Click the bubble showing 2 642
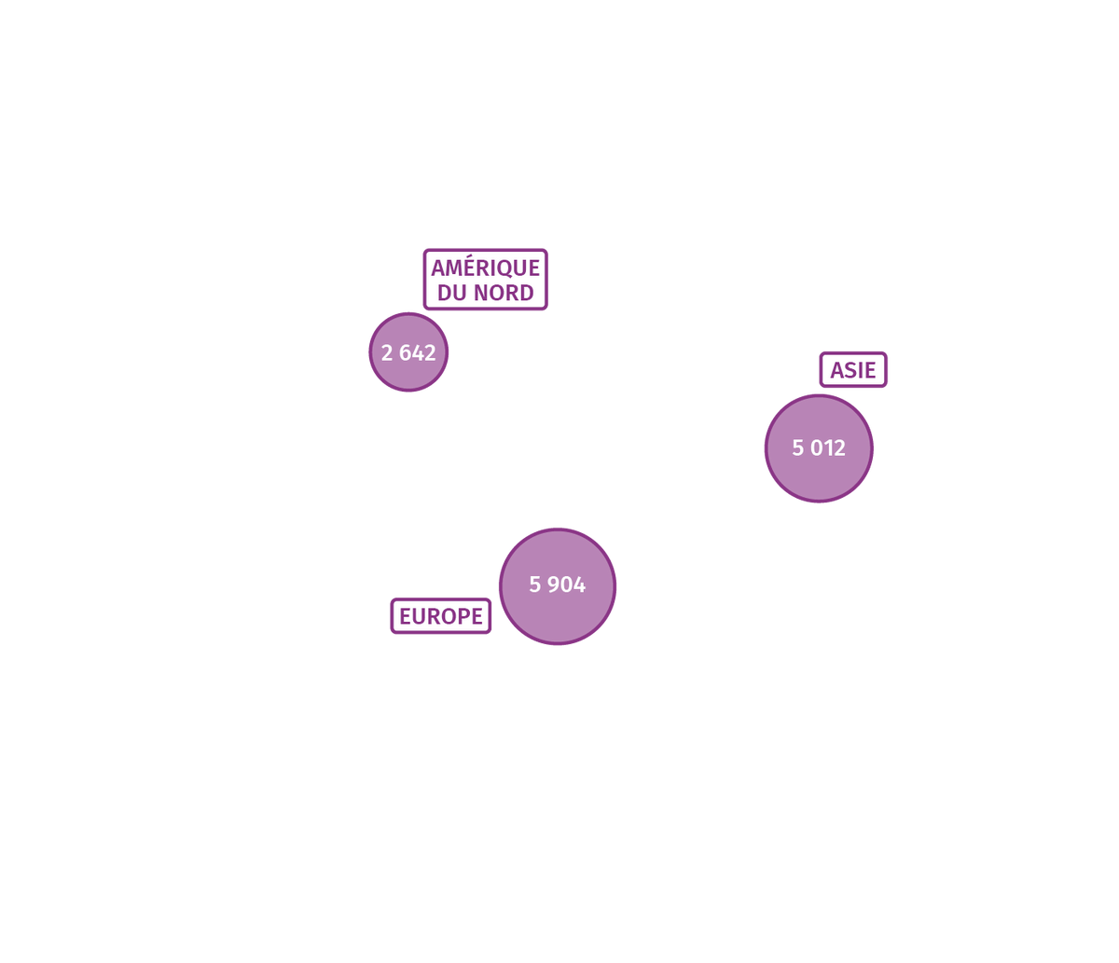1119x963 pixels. [408, 351]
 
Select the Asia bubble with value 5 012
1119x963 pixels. [819, 448]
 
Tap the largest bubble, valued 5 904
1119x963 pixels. [557, 586]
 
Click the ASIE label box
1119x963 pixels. [853, 370]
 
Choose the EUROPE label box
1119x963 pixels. [441, 616]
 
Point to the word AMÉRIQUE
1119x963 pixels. [485, 268]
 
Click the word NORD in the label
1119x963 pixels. [504, 293]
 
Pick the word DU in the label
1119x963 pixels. [452, 293]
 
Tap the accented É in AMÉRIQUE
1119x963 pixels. [478, 267]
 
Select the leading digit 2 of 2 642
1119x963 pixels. [387, 353]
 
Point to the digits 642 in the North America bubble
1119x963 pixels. [418, 353]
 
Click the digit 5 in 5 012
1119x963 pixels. [797, 447]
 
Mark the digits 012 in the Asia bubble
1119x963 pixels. [828, 447]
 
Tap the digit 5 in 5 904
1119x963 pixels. [535, 585]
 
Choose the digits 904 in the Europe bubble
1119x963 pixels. [566, 585]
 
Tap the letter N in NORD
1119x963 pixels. [481, 293]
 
